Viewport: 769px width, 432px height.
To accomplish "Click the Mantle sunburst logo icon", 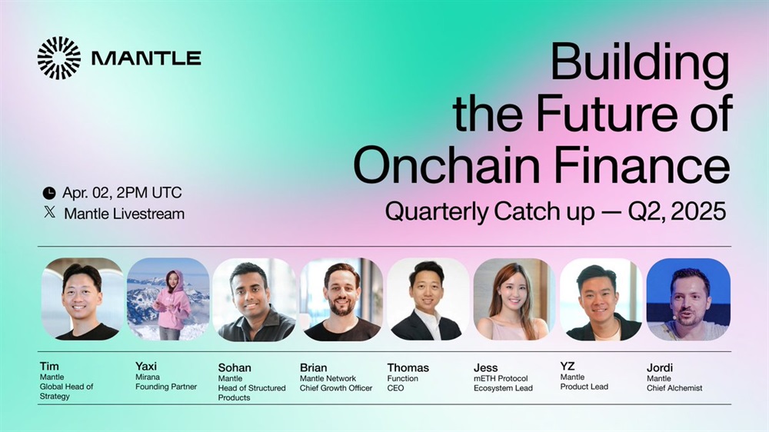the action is pyautogui.click(x=59, y=58).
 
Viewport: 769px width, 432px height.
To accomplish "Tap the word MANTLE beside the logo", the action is pyautogui.click(x=146, y=58).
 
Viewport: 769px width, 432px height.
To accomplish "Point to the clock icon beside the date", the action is pyautogui.click(x=49, y=193).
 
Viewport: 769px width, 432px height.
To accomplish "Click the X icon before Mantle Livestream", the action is pyautogui.click(x=49, y=212).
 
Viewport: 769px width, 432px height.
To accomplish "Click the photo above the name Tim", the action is pyautogui.click(x=82, y=299).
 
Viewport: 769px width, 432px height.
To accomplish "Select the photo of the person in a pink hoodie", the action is pyautogui.click(x=168, y=299).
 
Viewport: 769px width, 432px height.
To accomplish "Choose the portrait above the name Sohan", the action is pyautogui.click(x=255, y=300).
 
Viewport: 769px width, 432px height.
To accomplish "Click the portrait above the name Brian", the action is pyautogui.click(x=341, y=300).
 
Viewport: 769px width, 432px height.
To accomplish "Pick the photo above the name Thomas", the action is pyautogui.click(x=428, y=300).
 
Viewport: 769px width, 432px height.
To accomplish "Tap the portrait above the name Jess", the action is pyautogui.click(x=514, y=300).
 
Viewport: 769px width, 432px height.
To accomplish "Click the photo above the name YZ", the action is pyautogui.click(x=601, y=300).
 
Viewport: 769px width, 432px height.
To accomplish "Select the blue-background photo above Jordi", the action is pyautogui.click(x=688, y=300).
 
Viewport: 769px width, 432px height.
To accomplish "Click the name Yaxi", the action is pyautogui.click(x=146, y=367).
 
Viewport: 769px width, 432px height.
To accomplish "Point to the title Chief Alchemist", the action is pyautogui.click(x=674, y=388).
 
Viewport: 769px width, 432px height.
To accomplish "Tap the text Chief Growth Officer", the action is pyautogui.click(x=336, y=388).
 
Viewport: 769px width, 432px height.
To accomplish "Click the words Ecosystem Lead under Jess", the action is pyautogui.click(x=503, y=388).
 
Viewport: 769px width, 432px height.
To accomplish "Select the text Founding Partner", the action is pyautogui.click(x=166, y=387).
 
